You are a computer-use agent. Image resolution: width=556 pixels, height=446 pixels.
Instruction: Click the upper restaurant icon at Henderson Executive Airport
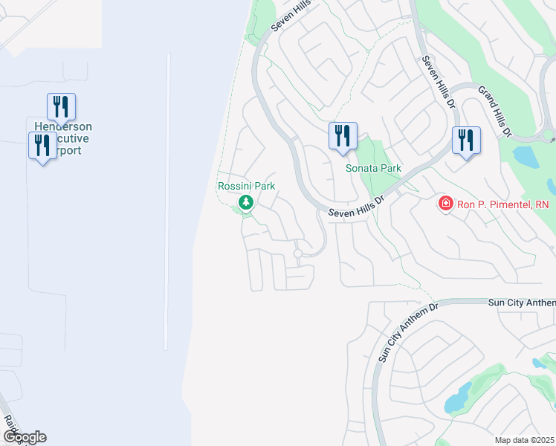pos(61,106)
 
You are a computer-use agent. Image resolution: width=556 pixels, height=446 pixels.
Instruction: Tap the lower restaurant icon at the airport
pos(42,145)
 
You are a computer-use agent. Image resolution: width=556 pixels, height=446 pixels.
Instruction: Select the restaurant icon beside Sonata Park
pos(343,136)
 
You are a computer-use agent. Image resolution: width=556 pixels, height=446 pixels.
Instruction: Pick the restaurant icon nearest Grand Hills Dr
pos(466,140)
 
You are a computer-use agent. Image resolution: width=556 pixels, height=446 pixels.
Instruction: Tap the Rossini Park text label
pos(245,186)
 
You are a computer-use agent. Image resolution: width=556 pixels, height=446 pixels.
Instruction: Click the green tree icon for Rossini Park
pos(245,202)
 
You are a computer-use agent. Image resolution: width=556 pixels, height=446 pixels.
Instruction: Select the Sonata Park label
pos(373,168)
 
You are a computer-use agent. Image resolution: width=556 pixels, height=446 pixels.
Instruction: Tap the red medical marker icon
pos(445,203)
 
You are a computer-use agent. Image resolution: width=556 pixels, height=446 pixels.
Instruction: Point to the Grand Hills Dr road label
pos(495,111)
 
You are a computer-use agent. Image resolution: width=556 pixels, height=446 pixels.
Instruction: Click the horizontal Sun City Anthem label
pos(521,303)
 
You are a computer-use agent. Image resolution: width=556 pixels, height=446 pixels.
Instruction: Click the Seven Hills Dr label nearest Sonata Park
pos(356,207)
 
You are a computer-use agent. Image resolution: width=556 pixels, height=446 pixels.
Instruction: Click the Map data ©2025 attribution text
pos(524,440)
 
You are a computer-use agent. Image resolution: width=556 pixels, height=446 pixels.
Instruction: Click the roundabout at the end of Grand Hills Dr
pos(549,135)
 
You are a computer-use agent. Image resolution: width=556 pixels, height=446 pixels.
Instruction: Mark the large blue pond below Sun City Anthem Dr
pos(457,398)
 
